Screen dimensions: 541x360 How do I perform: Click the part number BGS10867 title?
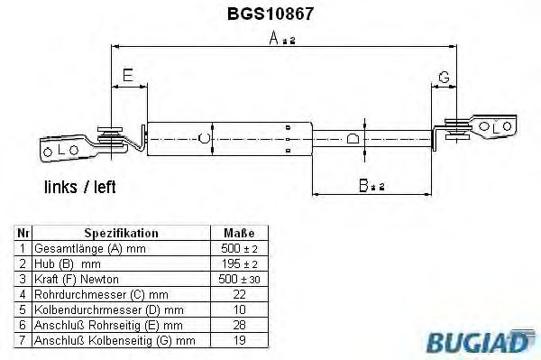[270, 14]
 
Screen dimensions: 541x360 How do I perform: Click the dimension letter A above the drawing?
[274, 38]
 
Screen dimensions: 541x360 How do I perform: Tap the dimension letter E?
[128, 75]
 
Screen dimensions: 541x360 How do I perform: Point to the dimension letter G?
[444, 77]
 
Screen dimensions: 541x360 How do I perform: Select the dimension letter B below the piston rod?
[363, 185]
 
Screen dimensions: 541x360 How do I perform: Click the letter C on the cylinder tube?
[205, 138]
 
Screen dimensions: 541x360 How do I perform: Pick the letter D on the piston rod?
[353, 138]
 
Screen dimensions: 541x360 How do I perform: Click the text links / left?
[79, 187]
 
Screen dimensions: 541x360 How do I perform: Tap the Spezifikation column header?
[122, 233]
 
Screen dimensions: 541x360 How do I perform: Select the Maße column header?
[239, 233]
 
